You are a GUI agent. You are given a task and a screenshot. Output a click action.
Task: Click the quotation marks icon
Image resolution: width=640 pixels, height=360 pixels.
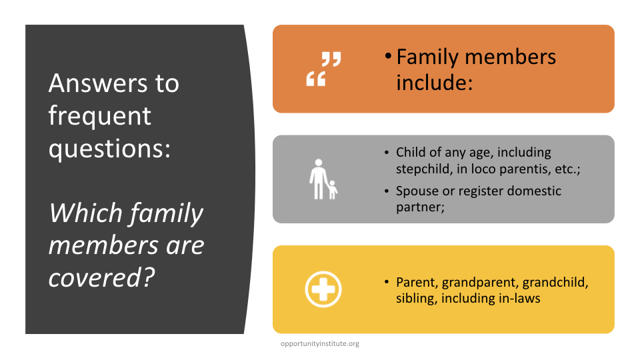(324, 69)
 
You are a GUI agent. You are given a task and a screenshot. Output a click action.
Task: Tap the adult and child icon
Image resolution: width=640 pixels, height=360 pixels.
(323, 179)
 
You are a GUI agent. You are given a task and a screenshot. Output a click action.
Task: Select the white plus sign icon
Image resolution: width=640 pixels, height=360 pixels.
(323, 289)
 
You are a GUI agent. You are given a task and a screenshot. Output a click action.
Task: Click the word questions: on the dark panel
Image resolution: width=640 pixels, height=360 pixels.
(109, 149)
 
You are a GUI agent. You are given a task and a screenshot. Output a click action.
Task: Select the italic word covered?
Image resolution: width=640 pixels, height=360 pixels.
(101, 278)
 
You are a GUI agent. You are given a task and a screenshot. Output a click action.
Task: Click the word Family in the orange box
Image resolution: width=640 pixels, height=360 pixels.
(427, 57)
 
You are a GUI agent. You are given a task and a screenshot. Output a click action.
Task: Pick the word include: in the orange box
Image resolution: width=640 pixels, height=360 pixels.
(434, 83)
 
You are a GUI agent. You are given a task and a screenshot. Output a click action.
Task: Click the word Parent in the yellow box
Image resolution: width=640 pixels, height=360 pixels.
(417, 282)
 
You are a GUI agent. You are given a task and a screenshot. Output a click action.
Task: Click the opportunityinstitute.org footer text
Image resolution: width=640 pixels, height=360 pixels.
(320, 344)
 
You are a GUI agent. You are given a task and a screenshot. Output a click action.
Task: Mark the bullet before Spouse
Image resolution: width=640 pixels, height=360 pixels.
(387, 191)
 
